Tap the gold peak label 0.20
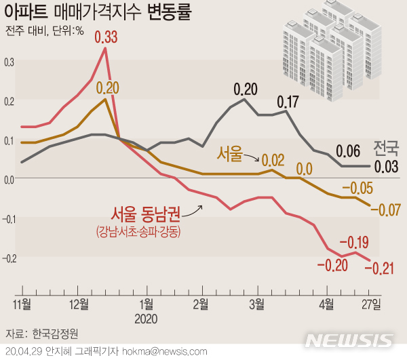click(107, 87)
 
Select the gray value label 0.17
click(288, 103)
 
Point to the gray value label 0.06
click(348, 151)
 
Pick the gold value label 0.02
click(273, 160)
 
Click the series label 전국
click(387, 147)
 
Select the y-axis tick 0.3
click(8, 62)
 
